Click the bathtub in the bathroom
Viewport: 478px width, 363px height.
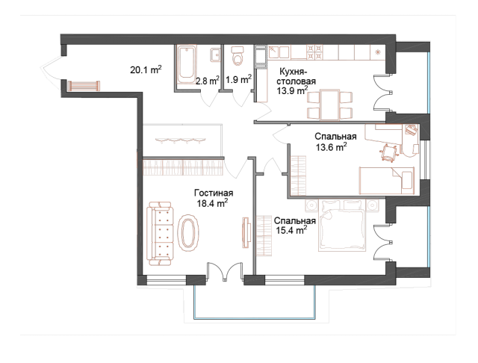[186, 65]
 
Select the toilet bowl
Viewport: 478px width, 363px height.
[238, 57]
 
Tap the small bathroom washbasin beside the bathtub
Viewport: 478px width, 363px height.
[215, 55]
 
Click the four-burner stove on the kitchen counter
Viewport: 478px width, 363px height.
[314, 52]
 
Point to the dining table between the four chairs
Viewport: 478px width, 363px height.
[329, 104]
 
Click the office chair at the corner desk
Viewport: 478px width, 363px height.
[389, 152]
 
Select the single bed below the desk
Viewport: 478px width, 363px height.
[385, 180]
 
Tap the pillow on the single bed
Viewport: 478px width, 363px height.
[407, 180]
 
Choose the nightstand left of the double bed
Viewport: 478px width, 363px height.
[312, 204]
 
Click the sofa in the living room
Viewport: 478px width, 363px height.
[160, 233]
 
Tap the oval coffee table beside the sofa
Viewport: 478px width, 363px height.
[189, 233]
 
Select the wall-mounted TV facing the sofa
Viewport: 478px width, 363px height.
[244, 232]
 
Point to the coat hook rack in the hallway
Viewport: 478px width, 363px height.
[181, 140]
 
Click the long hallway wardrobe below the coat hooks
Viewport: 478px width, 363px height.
[183, 167]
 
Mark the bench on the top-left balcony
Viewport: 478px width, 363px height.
[83, 87]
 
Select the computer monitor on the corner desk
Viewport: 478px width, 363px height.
[412, 130]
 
